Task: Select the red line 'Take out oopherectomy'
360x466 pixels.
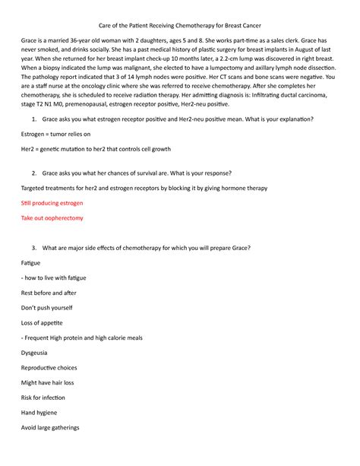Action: [52, 217]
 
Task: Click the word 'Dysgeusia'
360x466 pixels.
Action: [39, 352]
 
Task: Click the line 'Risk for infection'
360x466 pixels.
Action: [49, 397]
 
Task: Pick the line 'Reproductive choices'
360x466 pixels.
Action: [54, 367]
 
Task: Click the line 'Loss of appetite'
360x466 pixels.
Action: [46, 322]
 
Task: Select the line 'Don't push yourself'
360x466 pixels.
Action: [47, 307]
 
